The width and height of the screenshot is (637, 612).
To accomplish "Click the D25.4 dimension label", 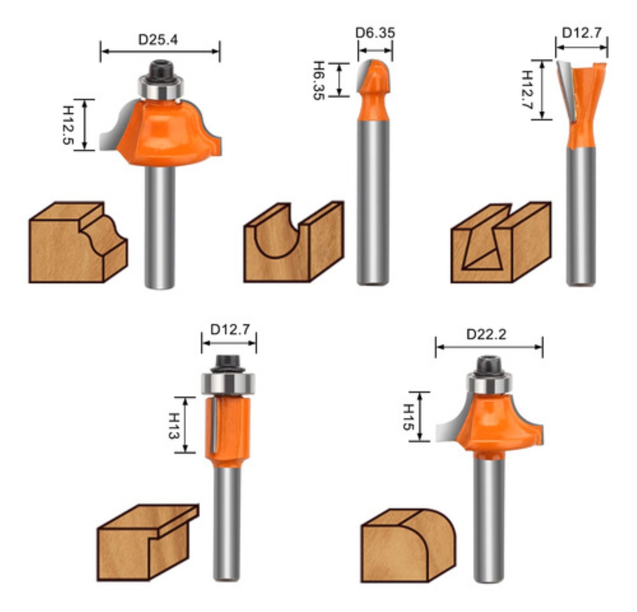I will (158, 40).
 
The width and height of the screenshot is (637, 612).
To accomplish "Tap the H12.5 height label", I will (68, 125).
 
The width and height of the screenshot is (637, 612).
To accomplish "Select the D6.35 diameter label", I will (375, 33).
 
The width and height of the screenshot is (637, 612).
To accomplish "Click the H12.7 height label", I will (527, 89).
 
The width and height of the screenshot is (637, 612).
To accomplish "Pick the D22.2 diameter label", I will (486, 335).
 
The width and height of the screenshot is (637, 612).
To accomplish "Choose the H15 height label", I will (408, 417).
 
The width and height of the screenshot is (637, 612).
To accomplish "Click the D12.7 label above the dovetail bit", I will (582, 33).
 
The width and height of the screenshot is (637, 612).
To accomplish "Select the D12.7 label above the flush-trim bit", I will (230, 330).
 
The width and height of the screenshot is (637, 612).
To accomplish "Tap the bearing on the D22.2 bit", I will (488, 384).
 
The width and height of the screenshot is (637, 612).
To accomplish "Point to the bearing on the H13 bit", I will (228, 383).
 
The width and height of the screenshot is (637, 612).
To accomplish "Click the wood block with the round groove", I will (293, 244).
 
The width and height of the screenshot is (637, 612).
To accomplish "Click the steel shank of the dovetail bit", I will (581, 216).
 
